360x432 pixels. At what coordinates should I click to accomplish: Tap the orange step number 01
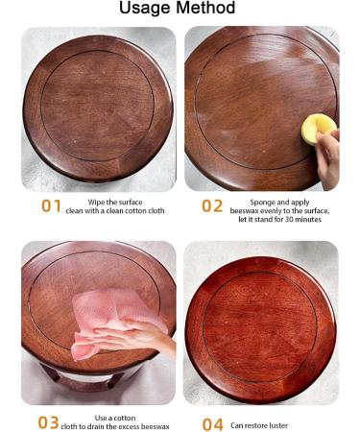[x=51, y=206]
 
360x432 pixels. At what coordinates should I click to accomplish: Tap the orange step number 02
[x=212, y=206]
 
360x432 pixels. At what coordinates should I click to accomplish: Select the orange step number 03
[x=48, y=422]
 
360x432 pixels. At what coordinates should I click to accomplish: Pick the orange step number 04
[x=213, y=425]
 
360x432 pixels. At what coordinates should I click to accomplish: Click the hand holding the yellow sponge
[x=328, y=158]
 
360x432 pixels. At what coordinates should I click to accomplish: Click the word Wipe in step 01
[x=96, y=203]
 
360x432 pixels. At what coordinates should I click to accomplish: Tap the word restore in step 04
[x=254, y=425]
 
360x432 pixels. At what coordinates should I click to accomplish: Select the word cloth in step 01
[x=156, y=211]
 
